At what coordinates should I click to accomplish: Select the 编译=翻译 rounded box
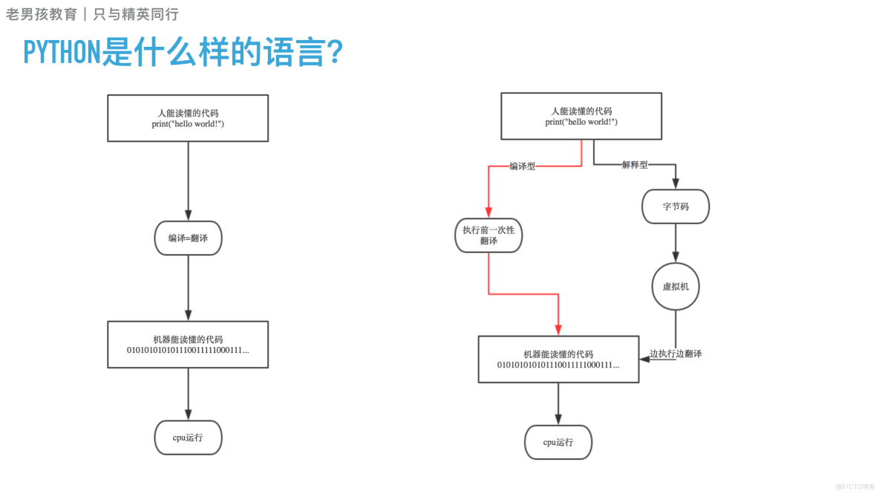[188, 238]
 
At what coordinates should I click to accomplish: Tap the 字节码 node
[676, 207]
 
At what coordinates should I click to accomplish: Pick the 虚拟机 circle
[676, 286]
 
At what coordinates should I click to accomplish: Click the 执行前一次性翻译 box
[488, 235]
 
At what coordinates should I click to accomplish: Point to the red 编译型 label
[522, 166]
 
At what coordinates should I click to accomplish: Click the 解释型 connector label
[634, 165]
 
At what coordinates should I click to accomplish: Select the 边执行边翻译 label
[676, 354]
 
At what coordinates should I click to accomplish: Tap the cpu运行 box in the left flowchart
[188, 438]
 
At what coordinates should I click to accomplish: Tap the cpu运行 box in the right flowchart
[558, 443]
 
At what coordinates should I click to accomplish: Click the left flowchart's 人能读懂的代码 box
[188, 118]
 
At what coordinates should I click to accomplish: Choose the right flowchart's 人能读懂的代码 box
[581, 116]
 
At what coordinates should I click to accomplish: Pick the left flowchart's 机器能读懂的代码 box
[188, 345]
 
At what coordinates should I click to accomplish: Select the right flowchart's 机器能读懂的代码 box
[558, 360]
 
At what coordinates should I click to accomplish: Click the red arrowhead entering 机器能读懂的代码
[558, 330]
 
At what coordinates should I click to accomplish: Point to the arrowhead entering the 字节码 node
[676, 183]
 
